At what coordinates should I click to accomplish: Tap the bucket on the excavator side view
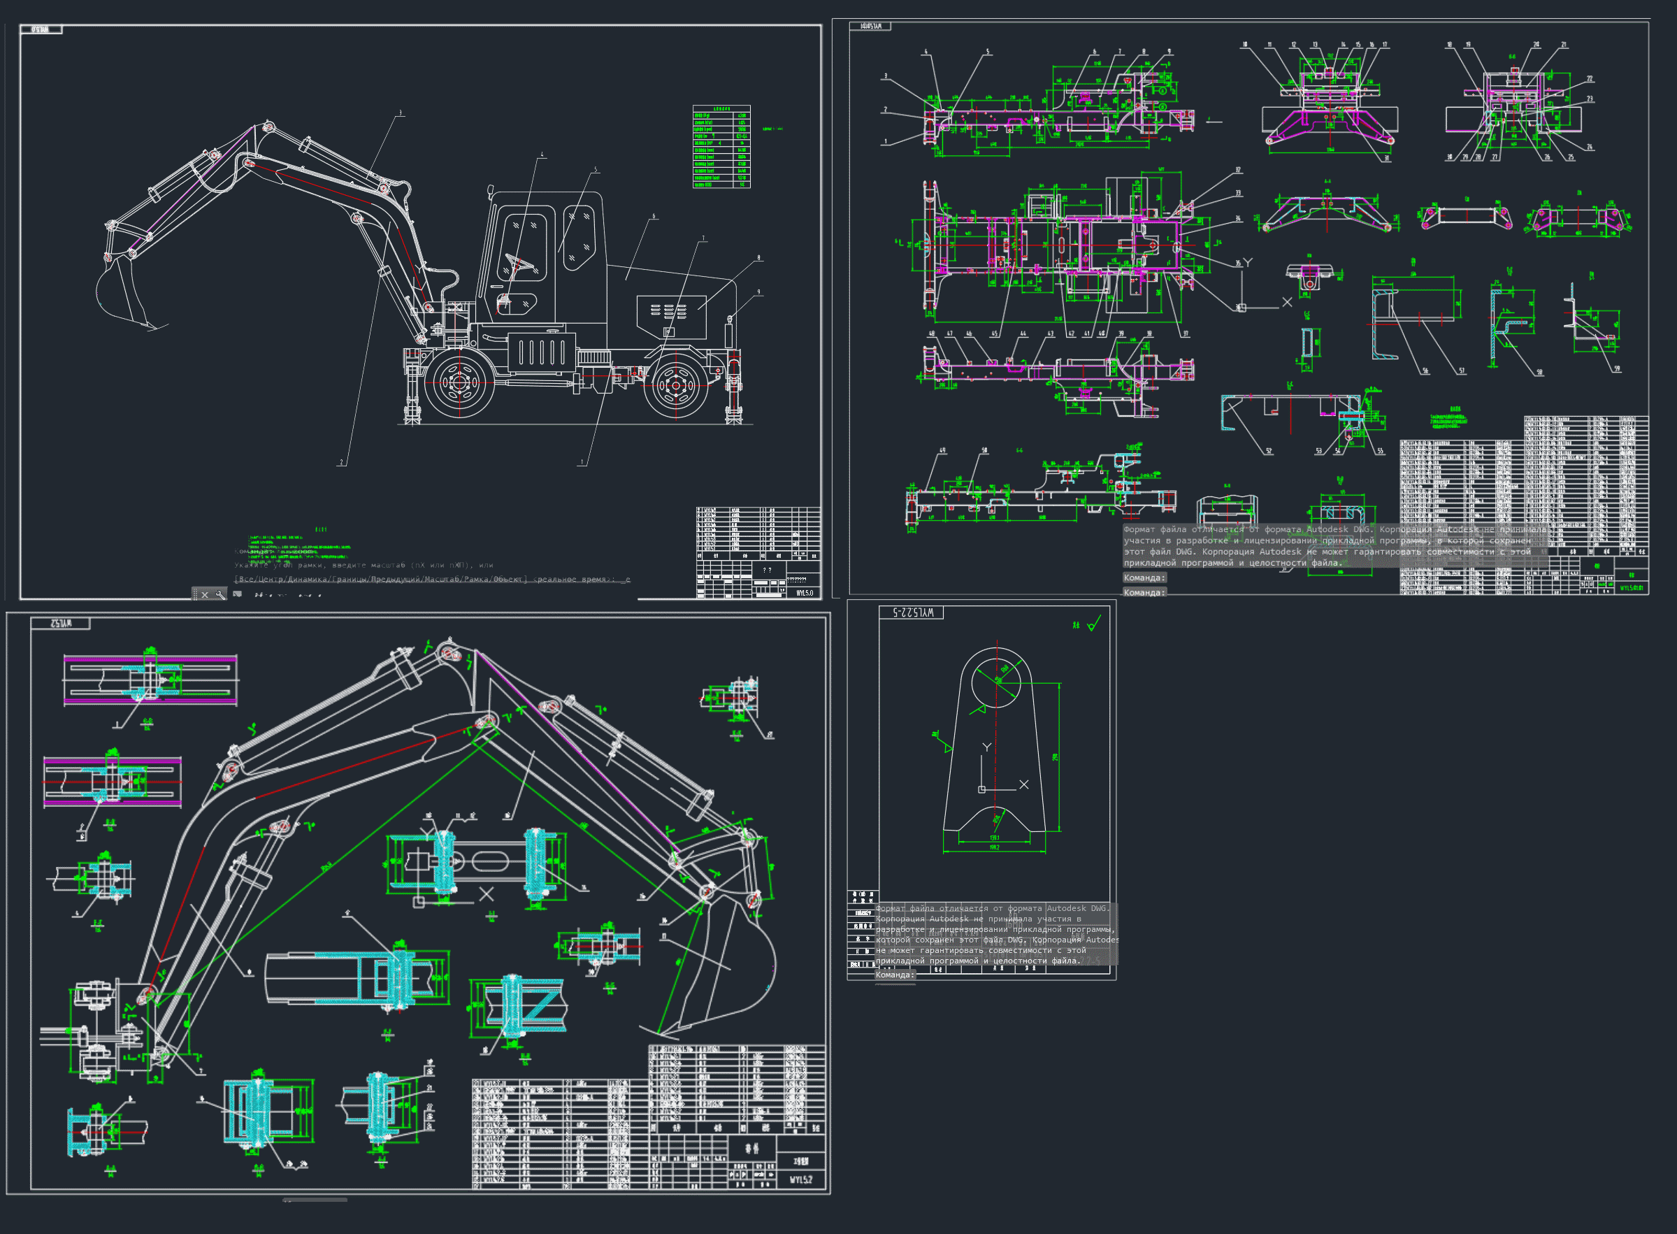[x=123, y=295]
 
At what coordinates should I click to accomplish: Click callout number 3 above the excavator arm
[x=401, y=113]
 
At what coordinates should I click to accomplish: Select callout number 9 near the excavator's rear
[x=759, y=292]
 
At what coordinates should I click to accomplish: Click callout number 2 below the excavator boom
[x=342, y=462]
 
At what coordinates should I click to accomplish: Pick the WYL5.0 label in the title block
[x=804, y=593]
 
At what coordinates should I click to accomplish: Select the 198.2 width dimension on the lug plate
[x=995, y=848]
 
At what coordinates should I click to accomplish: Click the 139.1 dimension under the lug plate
[x=995, y=838]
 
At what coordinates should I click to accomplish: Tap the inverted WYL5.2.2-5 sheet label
[x=912, y=613]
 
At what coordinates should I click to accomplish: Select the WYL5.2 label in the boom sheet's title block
[x=800, y=1179]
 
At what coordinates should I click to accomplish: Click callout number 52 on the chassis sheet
[x=1269, y=451]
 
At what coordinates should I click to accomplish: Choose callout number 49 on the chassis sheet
[x=942, y=451]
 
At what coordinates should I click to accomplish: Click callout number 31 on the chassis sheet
[x=1387, y=159]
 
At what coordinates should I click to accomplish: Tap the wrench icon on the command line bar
[x=219, y=594]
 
